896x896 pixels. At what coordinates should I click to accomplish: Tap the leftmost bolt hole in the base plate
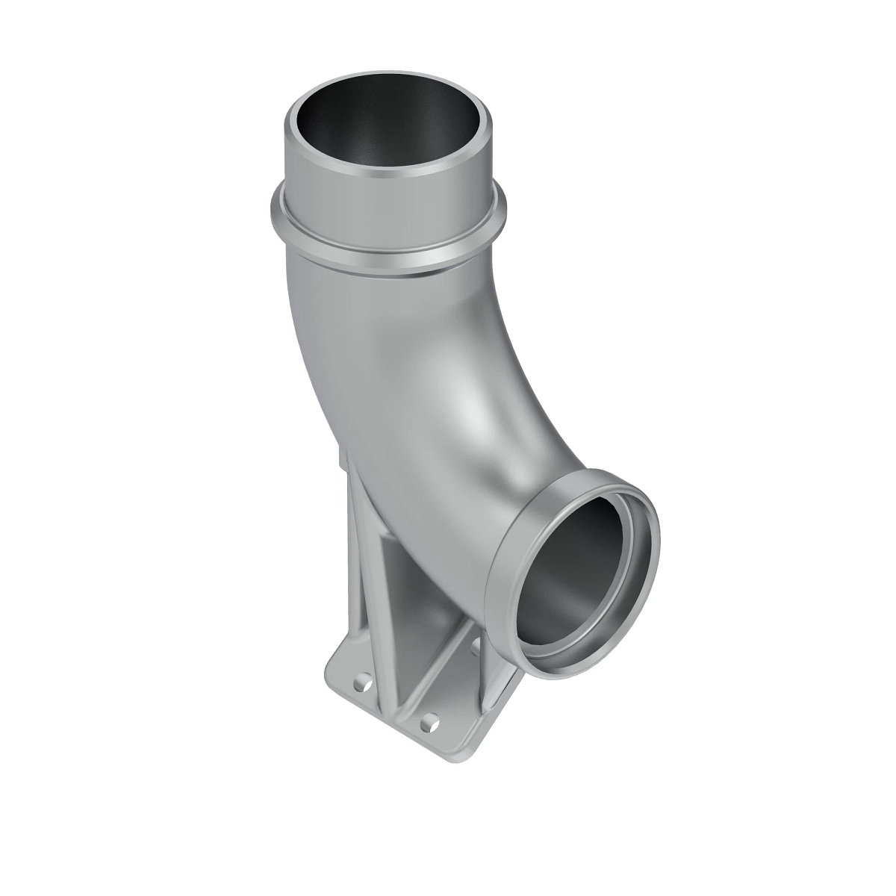[361, 680]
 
